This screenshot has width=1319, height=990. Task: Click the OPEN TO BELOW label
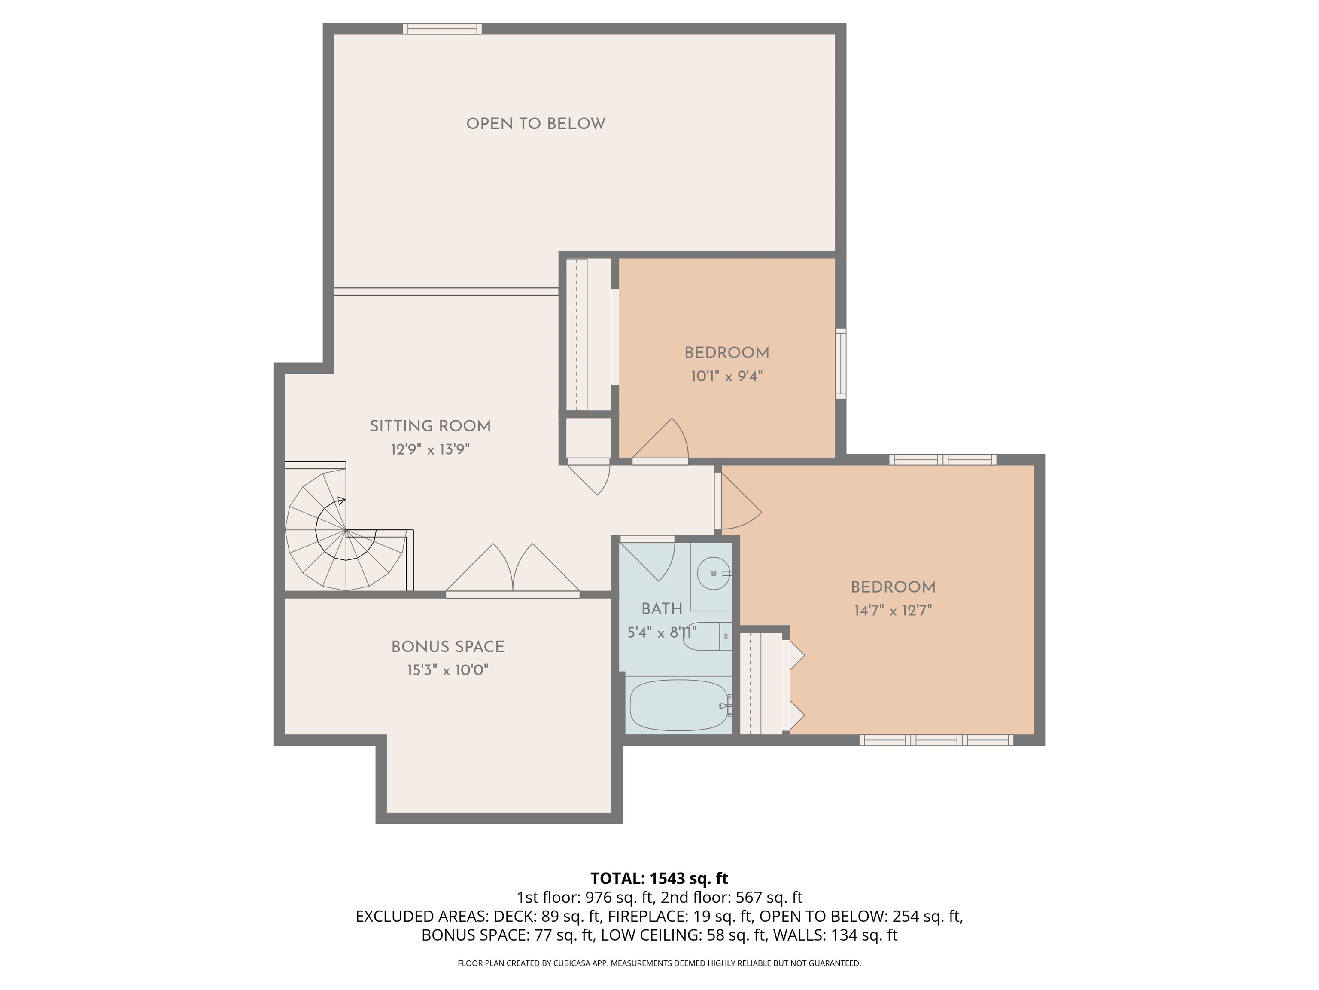point(535,124)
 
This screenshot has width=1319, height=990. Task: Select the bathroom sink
point(714,573)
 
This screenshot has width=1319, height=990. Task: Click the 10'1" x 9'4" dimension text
point(726,376)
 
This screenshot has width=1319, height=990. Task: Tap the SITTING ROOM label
point(430,426)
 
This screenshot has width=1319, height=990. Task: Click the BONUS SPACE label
point(448,647)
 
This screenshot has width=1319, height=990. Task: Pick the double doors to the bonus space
point(512,570)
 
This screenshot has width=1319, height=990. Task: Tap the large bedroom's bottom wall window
point(936,740)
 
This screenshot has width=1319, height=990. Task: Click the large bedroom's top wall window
point(942,459)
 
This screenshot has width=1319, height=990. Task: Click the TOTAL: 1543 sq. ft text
point(659,878)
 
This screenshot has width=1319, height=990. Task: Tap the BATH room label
point(661,609)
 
